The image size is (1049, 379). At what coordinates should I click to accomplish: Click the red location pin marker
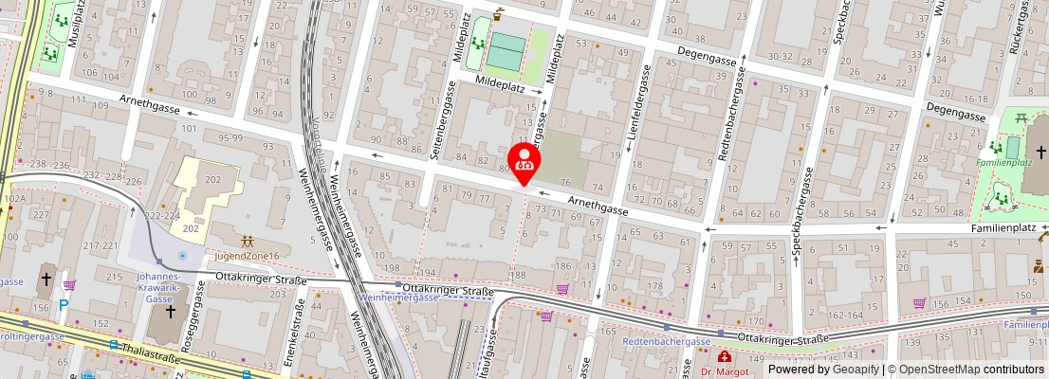click(524, 159)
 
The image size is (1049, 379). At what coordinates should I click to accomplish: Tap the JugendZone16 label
click(246, 256)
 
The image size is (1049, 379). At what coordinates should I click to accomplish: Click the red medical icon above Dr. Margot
click(725, 357)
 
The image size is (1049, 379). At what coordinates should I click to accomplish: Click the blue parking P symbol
click(64, 306)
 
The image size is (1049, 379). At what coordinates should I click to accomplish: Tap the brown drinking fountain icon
click(500, 14)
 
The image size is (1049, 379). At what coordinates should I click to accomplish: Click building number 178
click(654, 285)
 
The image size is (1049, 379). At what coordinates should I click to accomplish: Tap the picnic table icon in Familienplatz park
click(1021, 118)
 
